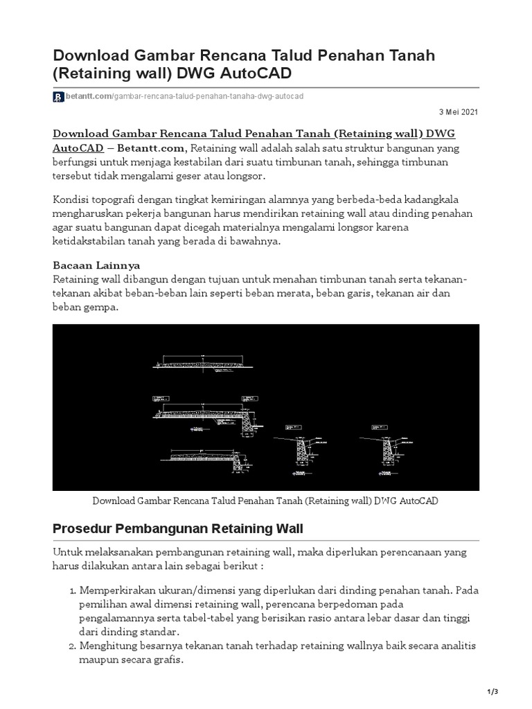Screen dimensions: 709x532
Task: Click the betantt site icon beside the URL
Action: [x=58, y=97]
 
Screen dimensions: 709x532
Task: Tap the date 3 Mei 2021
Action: [x=459, y=112]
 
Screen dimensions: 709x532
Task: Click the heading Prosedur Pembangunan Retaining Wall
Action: [x=178, y=530]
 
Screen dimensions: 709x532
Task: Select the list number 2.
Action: [x=72, y=645]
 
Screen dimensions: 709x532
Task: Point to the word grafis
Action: [x=168, y=659]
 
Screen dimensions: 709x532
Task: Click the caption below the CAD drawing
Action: [x=265, y=501]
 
